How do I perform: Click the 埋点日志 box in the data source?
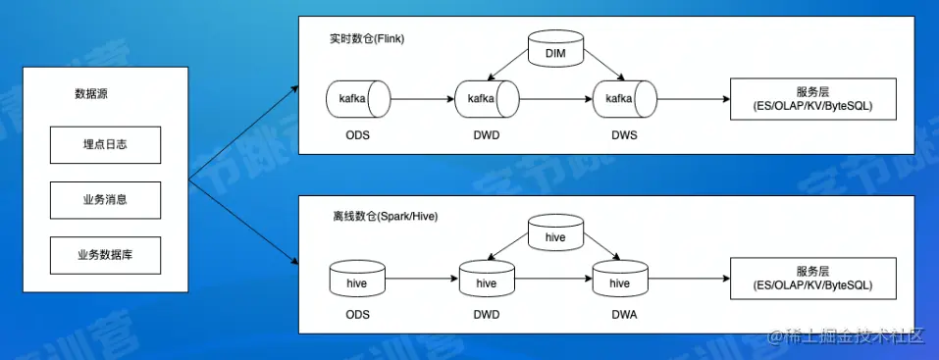point(105,145)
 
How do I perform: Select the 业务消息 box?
point(105,200)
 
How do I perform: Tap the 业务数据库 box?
point(105,255)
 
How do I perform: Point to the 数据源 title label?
point(91,94)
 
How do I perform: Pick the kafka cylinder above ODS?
point(358,99)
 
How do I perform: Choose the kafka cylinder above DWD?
point(487,99)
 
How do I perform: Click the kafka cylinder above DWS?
point(625,99)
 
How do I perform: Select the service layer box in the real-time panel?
point(812,99)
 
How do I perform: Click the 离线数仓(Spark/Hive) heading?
point(384,216)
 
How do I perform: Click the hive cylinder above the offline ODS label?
point(357,279)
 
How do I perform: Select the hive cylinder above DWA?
point(620,279)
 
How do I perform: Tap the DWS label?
point(625,135)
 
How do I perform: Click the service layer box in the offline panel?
point(812,279)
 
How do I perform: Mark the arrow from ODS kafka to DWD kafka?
point(423,99)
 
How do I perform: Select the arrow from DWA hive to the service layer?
point(689,279)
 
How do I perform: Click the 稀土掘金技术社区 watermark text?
point(847,336)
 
